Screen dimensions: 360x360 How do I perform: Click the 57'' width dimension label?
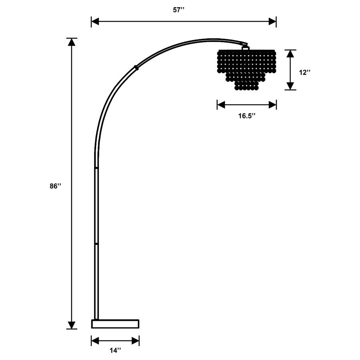pos(178,10)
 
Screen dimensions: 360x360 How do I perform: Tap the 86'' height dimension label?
pos(55,186)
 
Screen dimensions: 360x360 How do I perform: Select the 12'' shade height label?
pos(304,72)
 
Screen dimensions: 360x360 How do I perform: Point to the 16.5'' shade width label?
pos(247,116)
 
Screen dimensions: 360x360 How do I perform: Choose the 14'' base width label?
pos(115,350)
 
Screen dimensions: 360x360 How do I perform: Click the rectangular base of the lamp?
pos(115,324)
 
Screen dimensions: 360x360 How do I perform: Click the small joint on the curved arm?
pos(137,68)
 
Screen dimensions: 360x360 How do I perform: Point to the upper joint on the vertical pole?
pos(96,168)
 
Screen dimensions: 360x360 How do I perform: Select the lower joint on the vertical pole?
pos(96,242)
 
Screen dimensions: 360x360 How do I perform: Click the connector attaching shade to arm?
pos(245,47)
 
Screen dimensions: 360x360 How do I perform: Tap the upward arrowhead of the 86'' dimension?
pos(72,42)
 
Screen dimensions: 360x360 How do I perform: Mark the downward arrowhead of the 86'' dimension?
pos(72,325)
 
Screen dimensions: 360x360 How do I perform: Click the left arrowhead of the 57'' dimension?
pos(95,22)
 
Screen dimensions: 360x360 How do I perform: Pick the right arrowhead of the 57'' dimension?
pos(273,22)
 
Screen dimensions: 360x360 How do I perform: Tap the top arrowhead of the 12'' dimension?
pos(291,53)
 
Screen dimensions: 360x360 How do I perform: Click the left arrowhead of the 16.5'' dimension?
pos(220,105)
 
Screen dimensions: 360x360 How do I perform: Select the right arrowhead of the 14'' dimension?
pos(136,341)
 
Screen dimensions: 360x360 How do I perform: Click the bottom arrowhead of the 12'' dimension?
pos(291,86)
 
